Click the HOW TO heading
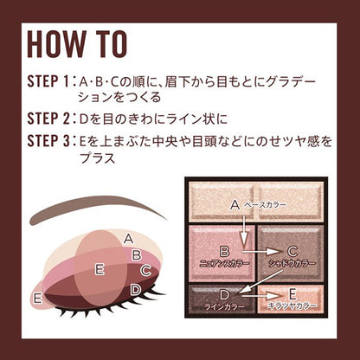pyautogui.click(x=76, y=42)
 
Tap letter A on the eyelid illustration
pyautogui.click(x=128, y=237)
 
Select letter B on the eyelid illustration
pyautogui.click(x=137, y=254)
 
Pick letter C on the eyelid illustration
pyautogui.click(x=145, y=271)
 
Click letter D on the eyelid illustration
pyautogui.click(x=137, y=289)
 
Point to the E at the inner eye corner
pyautogui.click(x=37, y=298)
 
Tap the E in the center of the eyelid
pyautogui.click(x=100, y=269)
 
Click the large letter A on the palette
pyautogui.click(x=234, y=204)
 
